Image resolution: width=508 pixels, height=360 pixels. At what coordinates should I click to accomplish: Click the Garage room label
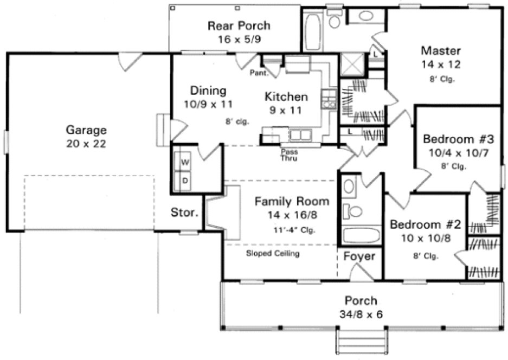86,130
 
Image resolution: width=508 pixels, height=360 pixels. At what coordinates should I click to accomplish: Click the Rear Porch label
239,25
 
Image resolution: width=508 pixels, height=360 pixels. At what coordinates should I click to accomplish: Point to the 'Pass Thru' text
288,156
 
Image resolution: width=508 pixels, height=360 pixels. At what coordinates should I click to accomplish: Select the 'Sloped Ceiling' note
273,253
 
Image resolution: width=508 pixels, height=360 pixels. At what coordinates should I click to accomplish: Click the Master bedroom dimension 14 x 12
441,65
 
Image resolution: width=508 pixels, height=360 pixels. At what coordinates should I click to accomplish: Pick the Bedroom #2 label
425,224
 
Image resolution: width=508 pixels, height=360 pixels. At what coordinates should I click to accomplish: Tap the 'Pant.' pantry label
257,73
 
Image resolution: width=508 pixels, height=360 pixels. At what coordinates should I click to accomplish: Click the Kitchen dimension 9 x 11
286,110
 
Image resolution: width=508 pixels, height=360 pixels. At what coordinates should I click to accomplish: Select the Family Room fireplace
225,211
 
